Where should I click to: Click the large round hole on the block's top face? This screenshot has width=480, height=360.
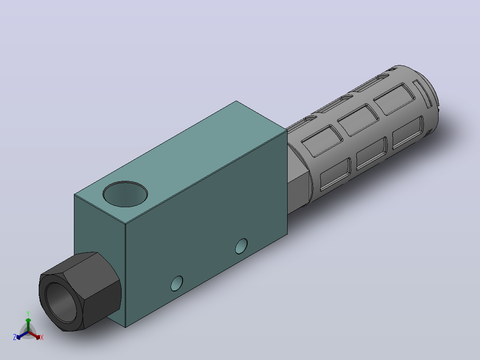[125, 194]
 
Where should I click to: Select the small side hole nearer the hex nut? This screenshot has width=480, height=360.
[177, 283]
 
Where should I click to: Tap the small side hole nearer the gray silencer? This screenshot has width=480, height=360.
[241, 246]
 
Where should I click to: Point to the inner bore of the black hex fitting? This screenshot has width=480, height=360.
[61, 303]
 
